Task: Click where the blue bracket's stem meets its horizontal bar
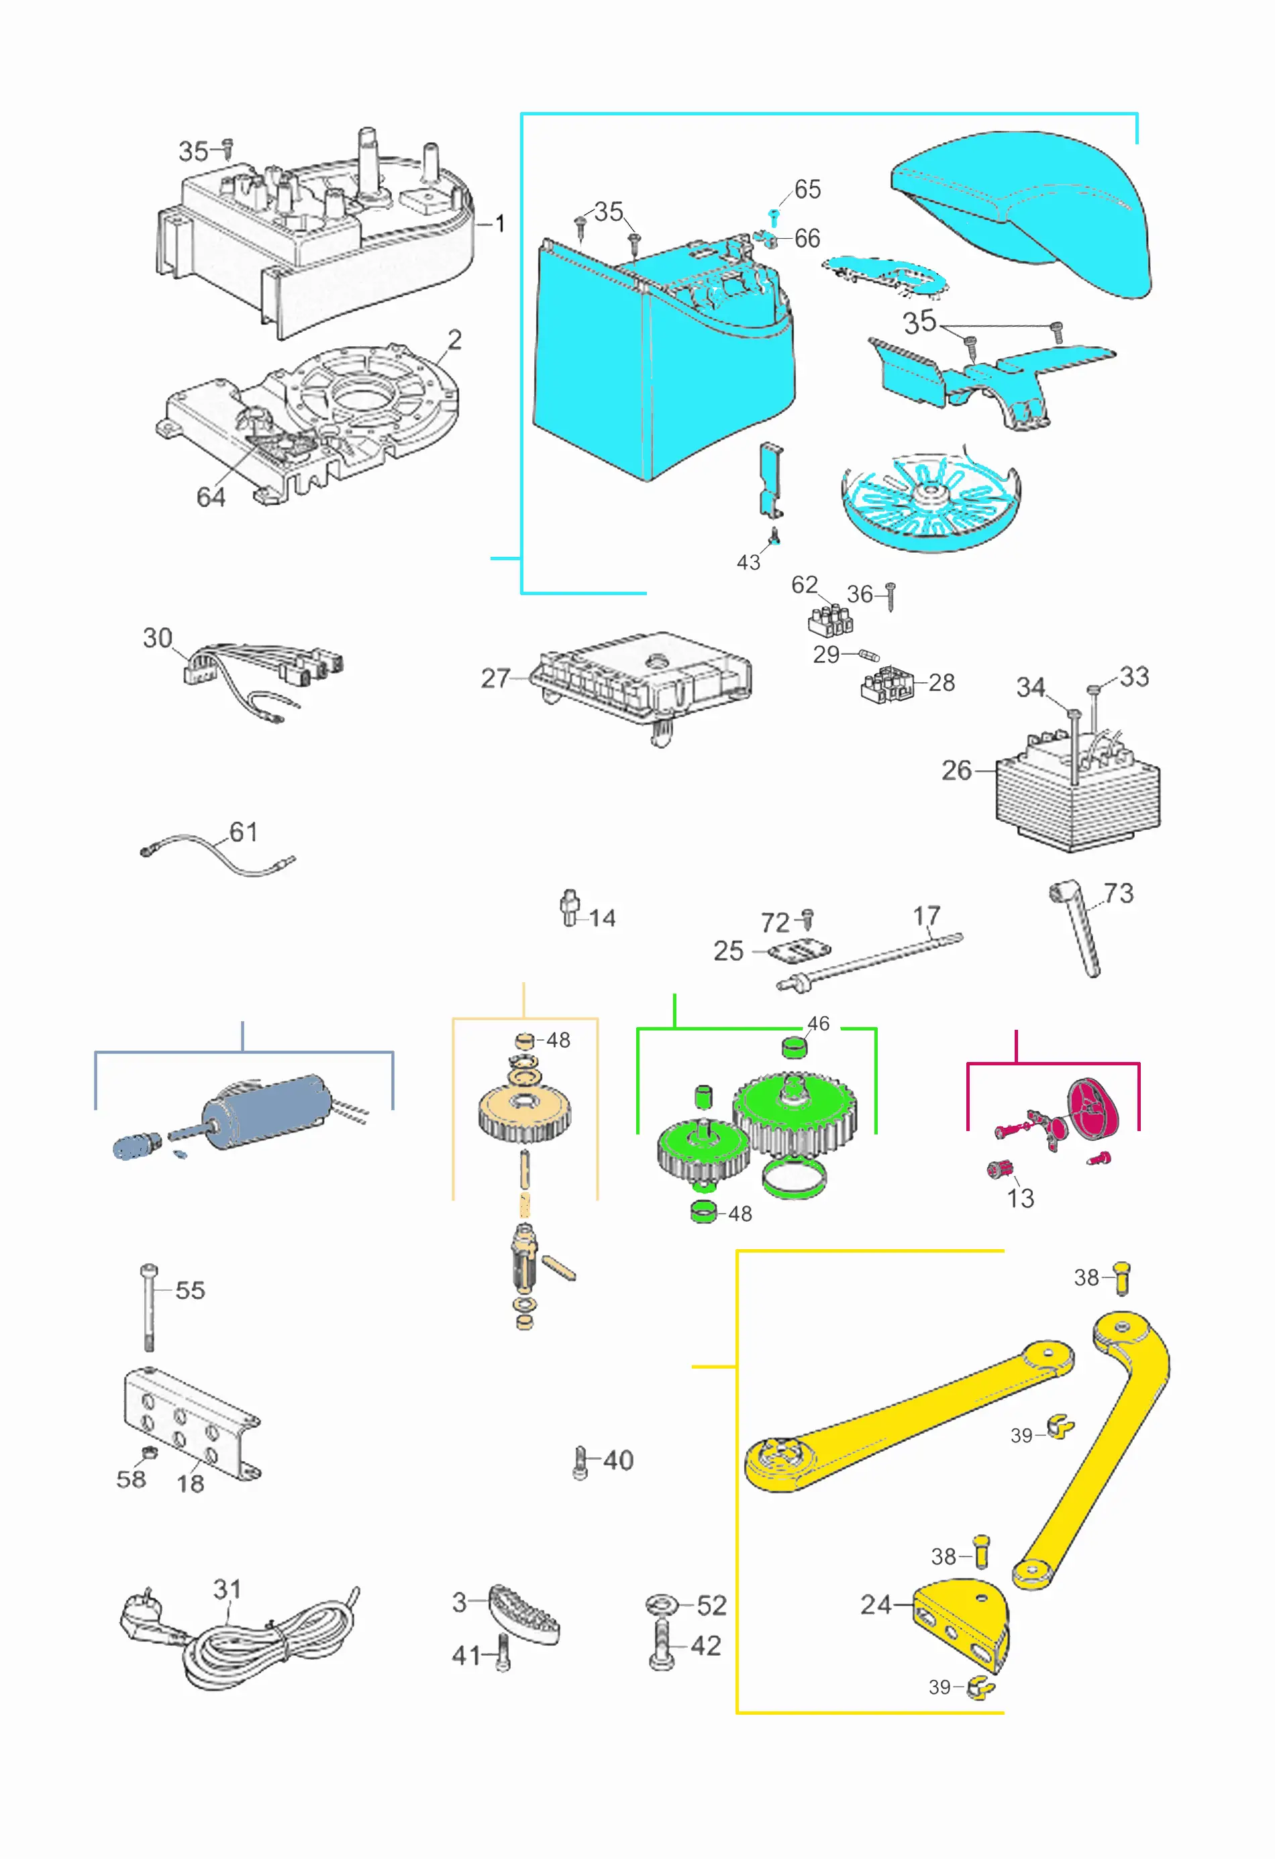[x=242, y=1052]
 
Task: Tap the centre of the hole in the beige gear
[x=525, y=1103]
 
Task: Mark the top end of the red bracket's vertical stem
[x=1016, y=1031]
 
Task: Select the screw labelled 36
[x=890, y=596]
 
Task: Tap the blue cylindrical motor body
[x=267, y=1110]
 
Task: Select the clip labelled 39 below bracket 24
[x=980, y=1688]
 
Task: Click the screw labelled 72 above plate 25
[x=808, y=918]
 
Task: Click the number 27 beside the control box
[x=495, y=678]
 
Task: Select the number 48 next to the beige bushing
[x=558, y=1040]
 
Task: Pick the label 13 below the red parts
[x=1021, y=1198]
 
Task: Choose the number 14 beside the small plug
[x=603, y=918]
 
